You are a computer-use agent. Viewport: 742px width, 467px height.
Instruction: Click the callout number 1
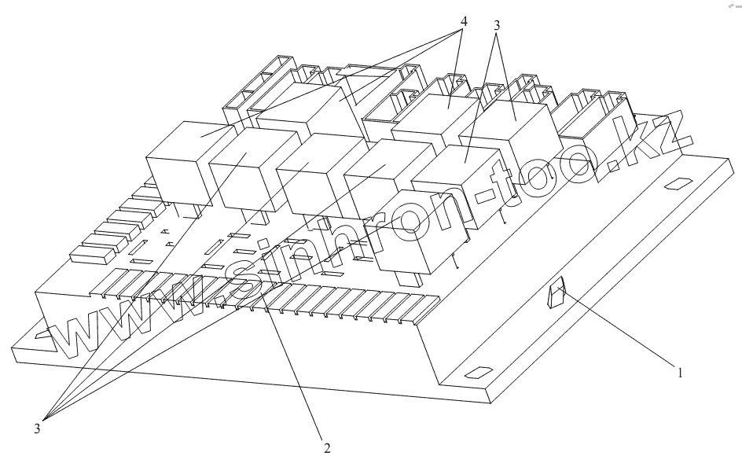pyautogui.click(x=680, y=373)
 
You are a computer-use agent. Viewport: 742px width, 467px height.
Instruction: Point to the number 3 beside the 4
pyautogui.click(x=497, y=24)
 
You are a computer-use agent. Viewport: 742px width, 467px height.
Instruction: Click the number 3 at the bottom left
pyautogui.click(x=38, y=428)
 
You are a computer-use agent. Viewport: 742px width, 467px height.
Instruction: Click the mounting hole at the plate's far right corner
pyautogui.click(x=676, y=186)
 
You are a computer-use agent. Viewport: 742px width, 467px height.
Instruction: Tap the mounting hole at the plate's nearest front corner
pyautogui.click(x=478, y=372)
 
